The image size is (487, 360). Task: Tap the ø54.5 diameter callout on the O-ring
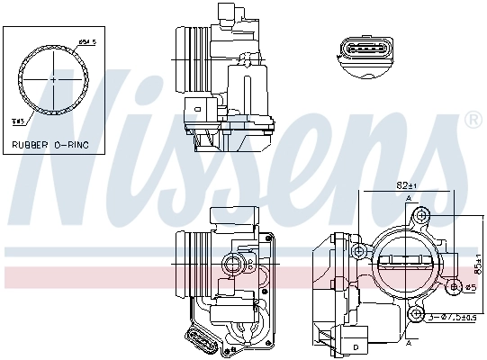[86, 41]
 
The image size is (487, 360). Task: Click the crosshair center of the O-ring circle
[53, 79]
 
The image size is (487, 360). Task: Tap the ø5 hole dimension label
[468, 288]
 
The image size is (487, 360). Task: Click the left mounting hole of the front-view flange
[358, 250]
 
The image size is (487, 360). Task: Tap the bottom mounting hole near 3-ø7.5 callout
[417, 312]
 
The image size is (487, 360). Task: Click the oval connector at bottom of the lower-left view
[200, 342]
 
